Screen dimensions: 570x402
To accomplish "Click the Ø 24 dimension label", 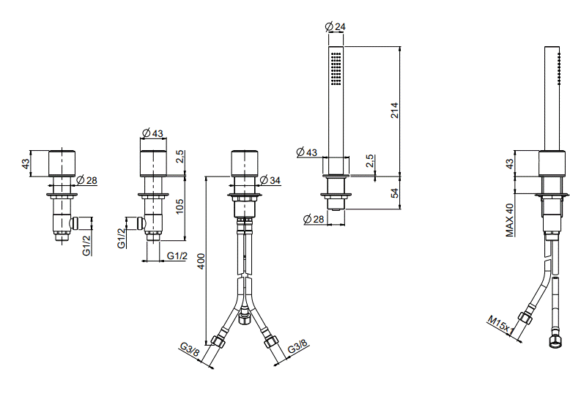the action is (336, 26).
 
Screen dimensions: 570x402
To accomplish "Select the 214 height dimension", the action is (395, 111).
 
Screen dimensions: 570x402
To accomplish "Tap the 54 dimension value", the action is (395, 193).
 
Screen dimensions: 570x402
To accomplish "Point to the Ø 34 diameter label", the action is (270, 180).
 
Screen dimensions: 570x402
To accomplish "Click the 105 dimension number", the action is (179, 206).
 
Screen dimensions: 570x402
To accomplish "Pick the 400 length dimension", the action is (201, 261).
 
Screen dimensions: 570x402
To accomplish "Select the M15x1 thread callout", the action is (501, 325).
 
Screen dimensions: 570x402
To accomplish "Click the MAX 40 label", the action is (510, 220).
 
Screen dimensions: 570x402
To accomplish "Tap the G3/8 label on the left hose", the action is (190, 349).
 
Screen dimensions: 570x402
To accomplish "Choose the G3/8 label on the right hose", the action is (297, 346).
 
